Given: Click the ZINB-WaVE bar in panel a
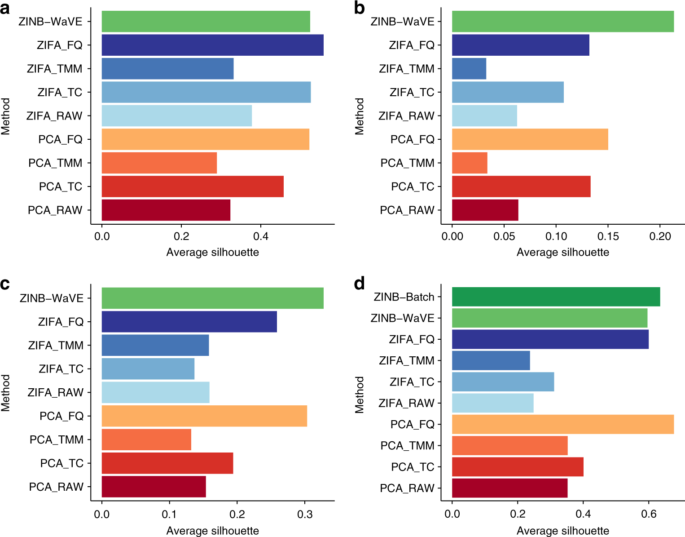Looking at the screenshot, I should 206,22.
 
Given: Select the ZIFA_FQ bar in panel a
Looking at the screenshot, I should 212,45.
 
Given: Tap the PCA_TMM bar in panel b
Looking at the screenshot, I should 470,163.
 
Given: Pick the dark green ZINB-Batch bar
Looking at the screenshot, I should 556,297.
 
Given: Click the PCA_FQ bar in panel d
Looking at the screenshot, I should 562,424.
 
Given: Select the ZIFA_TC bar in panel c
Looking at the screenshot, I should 148,369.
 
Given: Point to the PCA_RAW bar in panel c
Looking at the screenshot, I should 154,487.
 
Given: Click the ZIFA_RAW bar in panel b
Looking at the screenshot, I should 484,115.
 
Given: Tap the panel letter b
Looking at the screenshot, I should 359,8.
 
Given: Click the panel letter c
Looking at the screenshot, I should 5,284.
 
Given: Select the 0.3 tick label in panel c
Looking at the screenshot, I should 305,515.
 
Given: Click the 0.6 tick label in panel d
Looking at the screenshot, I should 648,515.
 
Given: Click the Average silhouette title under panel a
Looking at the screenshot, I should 212,252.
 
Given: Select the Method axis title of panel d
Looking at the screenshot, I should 360,395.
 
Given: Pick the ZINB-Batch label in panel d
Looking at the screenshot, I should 404,297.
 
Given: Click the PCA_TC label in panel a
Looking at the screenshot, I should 61,186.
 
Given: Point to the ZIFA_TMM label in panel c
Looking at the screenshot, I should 56,346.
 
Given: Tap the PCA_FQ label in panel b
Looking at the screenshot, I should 413,139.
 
